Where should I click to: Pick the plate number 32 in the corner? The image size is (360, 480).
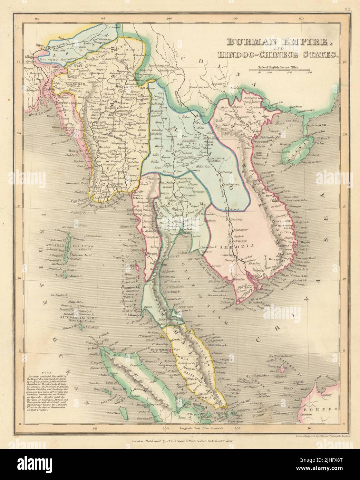tap(347, 10)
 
